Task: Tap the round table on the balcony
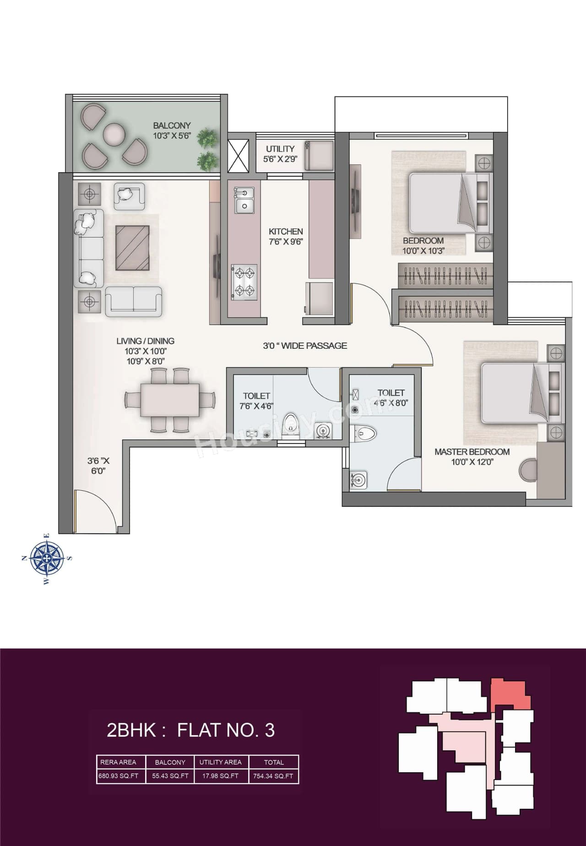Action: [114, 134]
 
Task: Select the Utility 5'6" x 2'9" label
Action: [280, 154]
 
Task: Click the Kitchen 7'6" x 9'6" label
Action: [286, 237]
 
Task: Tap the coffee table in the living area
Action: [132, 248]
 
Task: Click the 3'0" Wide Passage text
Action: [305, 346]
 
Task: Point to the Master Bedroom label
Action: [472, 456]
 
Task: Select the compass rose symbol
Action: [47, 558]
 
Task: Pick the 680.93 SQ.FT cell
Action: [118, 776]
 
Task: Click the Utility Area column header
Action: [220, 762]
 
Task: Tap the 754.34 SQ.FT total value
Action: [274, 776]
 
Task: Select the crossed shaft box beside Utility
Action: [238, 154]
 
